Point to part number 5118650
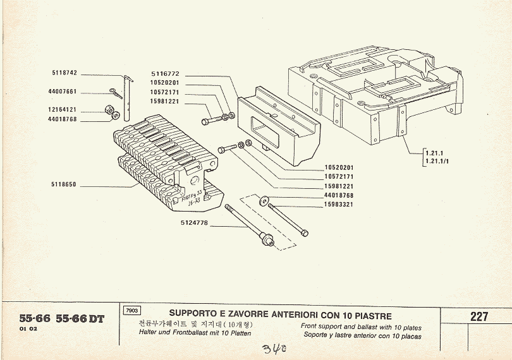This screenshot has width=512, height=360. [x=64, y=184]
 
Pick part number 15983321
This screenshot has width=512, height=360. [x=339, y=204]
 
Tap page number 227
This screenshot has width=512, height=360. [x=478, y=317]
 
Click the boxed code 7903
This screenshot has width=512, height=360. [x=133, y=311]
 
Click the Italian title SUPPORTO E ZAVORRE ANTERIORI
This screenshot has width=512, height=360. [x=280, y=315]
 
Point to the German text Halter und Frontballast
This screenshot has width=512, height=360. [x=195, y=333]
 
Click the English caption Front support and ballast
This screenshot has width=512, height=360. [x=361, y=328]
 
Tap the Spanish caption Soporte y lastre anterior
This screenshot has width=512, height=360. [x=361, y=336]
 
